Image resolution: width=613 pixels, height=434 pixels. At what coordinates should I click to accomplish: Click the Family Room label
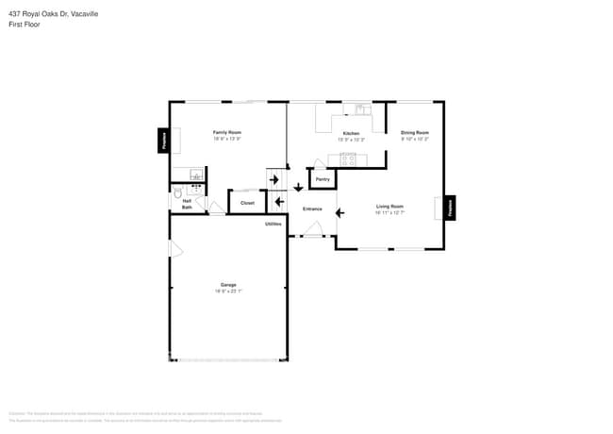pyautogui.click(x=227, y=132)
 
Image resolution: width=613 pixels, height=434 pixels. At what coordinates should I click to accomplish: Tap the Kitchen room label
pyautogui.click(x=351, y=133)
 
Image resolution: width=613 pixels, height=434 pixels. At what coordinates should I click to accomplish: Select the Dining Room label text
pyautogui.click(x=415, y=132)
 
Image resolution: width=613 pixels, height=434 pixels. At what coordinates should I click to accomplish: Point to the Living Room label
pyautogui.click(x=389, y=206)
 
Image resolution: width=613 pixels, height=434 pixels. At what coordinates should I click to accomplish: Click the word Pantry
pyautogui.click(x=323, y=178)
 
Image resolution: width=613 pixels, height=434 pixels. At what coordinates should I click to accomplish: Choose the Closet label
pyautogui.click(x=247, y=203)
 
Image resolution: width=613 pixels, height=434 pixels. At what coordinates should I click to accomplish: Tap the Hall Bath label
pyautogui.click(x=187, y=204)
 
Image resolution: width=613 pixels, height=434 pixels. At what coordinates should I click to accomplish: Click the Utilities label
pyautogui.click(x=273, y=224)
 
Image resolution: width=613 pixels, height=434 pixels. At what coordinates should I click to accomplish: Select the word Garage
pyautogui.click(x=228, y=284)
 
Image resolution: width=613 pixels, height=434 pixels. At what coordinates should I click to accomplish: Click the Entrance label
pyautogui.click(x=312, y=209)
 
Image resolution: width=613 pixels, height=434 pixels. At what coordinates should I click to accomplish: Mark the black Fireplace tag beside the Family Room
pyautogui.click(x=162, y=140)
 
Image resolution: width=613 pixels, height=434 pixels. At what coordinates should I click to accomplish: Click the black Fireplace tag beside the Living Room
pyautogui.click(x=451, y=208)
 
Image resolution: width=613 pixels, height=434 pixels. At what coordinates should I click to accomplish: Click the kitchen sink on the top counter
pyautogui.click(x=360, y=109)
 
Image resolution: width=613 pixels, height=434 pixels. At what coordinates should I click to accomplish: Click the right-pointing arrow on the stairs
pyautogui.click(x=274, y=179)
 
